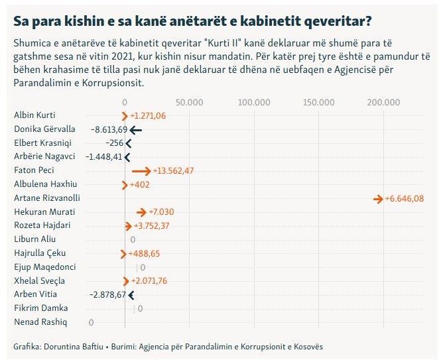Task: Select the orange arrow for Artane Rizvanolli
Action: pyautogui.click(x=379, y=198)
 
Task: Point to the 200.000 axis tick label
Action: pyautogui.click(x=383, y=102)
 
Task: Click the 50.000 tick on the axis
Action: pyautogui.click(x=190, y=102)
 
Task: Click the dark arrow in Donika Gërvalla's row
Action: pyautogui.click(x=136, y=129)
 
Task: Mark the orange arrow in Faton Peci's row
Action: pyautogui.click(x=141, y=170)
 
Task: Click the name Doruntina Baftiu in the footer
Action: pyautogui.click(x=66, y=347)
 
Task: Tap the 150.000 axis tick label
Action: pyautogui.click(x=318, y=102)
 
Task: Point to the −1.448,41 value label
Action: pyautogui.click(x=104, y=157)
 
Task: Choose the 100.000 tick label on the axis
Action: pyautogui.click(x=254, y=102)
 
